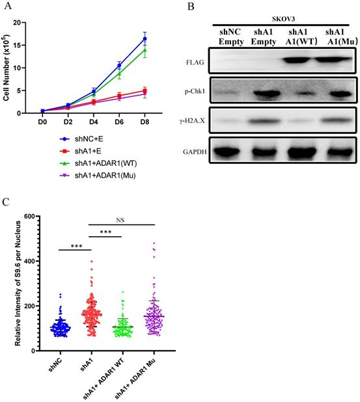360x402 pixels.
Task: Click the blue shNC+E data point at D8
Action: pyautogui.click(x=145, y=39)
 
